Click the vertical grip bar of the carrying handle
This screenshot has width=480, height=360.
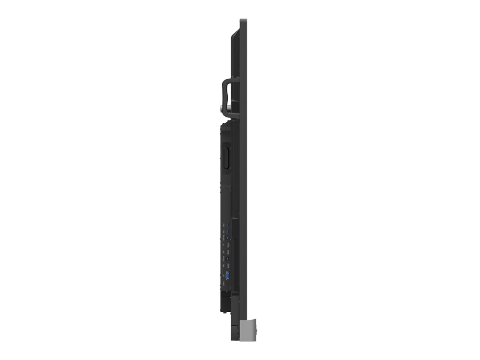[225, 97]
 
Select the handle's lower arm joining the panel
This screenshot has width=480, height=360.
[232, 113]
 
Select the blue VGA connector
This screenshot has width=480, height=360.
[227, 276]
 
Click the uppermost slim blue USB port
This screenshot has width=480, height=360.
[228, 225]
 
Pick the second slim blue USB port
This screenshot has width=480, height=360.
[228, 232]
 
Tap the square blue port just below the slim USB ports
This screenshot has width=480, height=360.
[228, 238]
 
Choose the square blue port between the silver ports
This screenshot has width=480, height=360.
[228, 259]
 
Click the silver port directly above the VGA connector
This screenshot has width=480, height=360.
[228, 266]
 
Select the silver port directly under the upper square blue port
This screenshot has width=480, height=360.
[228, 245]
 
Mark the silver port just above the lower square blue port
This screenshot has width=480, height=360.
[228, 252]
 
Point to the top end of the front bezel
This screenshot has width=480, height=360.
[243, 21]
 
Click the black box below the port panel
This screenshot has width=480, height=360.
[225, 302]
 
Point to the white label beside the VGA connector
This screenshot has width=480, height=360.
[224, 276]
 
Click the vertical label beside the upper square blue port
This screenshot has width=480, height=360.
[224, 238]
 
